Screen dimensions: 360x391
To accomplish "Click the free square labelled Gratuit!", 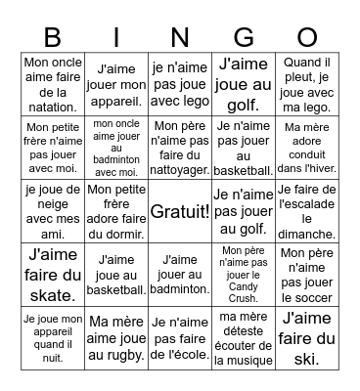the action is click(x=180, y=210).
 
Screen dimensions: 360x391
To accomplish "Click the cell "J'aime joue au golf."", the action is click(x=245, y=83).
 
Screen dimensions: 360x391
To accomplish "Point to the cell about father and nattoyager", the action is click(x=180, y=147).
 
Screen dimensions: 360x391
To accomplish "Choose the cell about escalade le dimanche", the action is click(x=308, y=210).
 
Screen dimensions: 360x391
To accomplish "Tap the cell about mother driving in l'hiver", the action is click(x=308, y=147).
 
